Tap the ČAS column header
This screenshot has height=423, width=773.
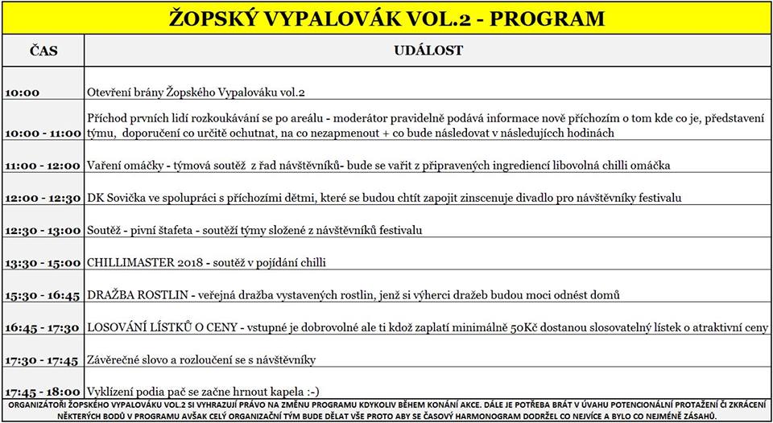point(43,51)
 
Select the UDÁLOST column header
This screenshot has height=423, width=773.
point(428,51)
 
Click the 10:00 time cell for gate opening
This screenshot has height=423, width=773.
point(22,93)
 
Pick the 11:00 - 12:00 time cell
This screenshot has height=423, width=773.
point(43,166)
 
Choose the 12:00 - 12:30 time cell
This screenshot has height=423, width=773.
point(43,198)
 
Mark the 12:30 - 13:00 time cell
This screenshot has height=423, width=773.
point(43,231)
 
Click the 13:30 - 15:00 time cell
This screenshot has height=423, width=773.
point(43,263)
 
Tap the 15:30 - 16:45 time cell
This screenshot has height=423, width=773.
point(43,296)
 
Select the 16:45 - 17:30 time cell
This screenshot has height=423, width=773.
point(43,328)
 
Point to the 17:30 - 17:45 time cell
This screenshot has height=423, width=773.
point(43,360)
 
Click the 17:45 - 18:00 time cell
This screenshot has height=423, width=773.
point(43,392)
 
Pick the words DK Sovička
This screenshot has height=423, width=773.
point(114,198)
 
